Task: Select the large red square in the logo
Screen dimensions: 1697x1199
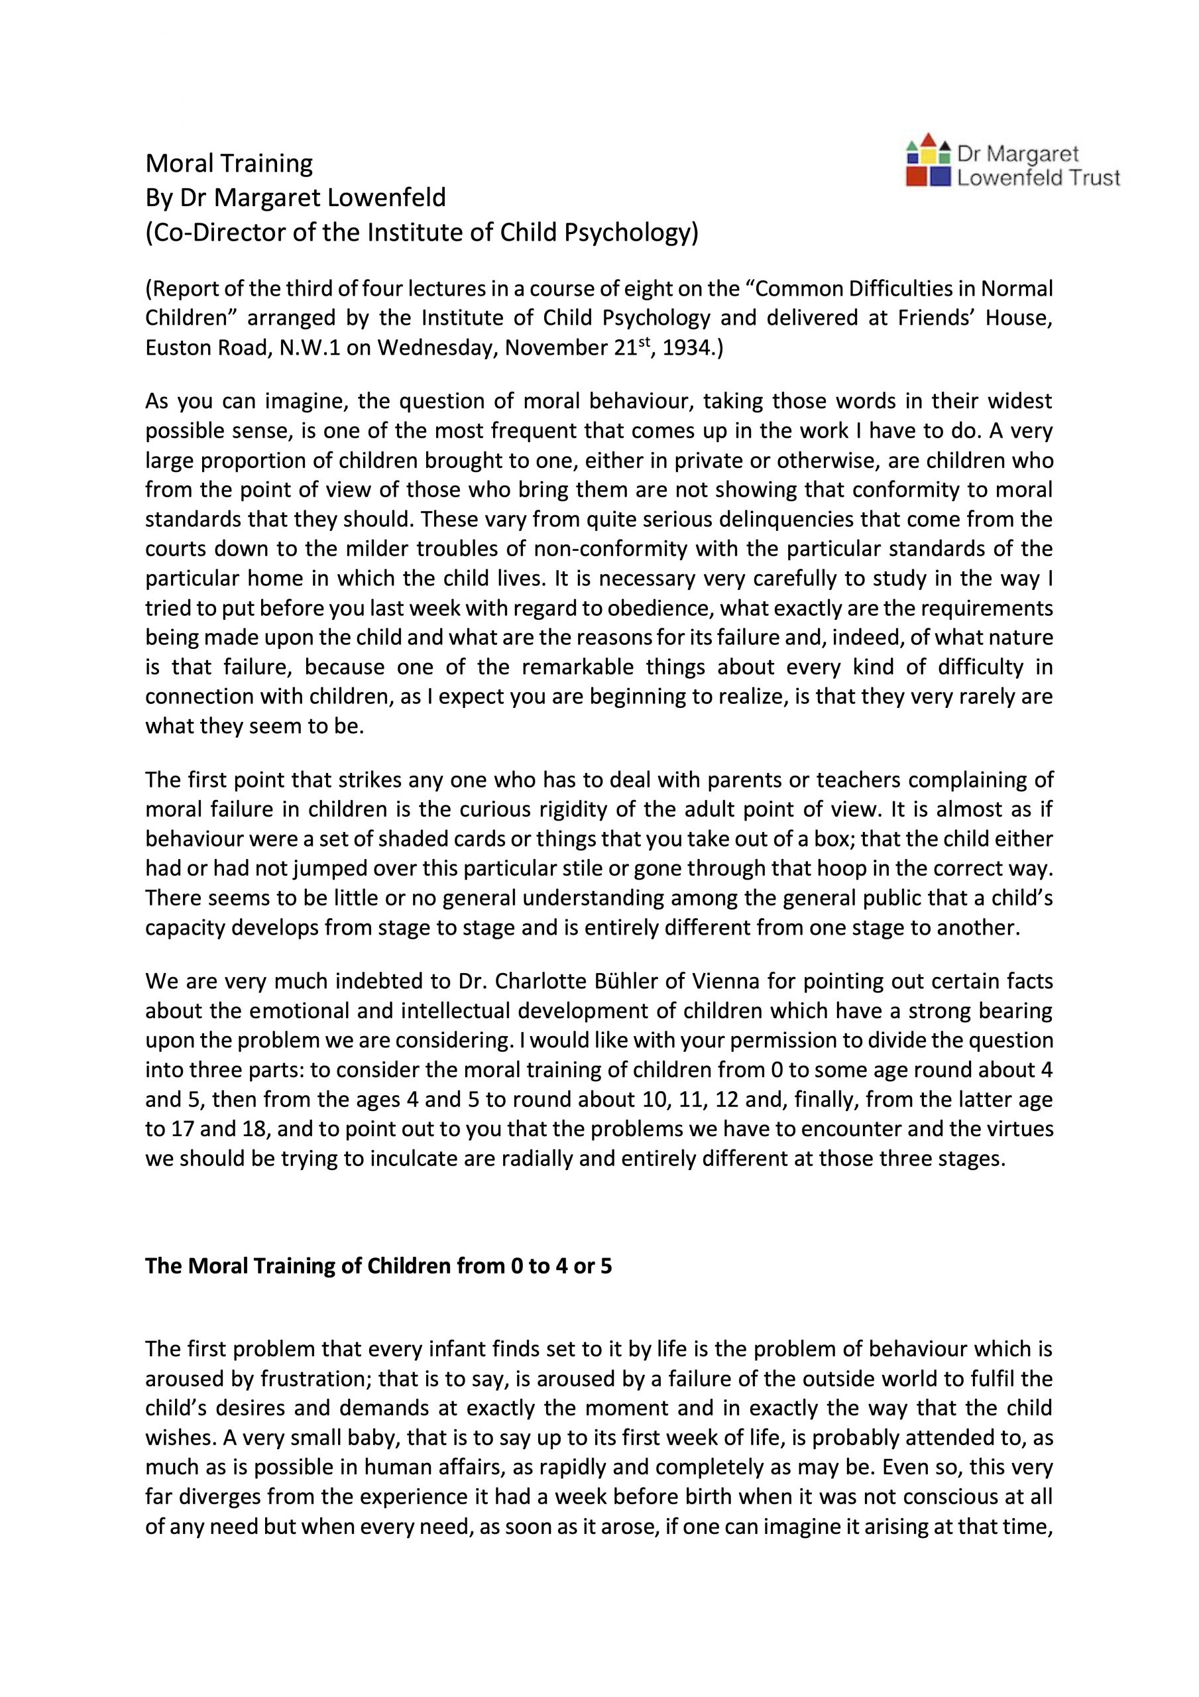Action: pos(917,176)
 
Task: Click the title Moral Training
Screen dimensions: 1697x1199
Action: pos(229,162)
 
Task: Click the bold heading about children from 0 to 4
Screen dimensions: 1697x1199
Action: pos(378,1266)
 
